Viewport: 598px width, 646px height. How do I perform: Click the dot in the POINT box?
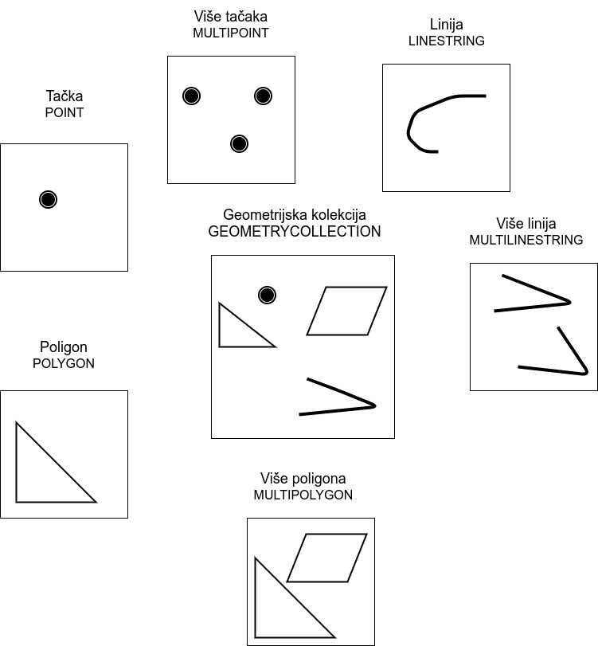point(48,199)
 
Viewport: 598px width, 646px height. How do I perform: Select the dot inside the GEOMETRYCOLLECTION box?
point(268,296)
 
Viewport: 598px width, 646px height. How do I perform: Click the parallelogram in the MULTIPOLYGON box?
point(326,558)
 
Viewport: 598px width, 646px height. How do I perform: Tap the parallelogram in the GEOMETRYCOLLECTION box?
point(347,311)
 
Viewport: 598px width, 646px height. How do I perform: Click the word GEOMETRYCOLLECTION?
point(295,232)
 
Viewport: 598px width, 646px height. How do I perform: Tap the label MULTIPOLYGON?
point(303,495)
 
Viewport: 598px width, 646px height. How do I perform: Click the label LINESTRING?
point(445,41)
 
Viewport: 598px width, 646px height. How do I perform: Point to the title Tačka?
point(64,96)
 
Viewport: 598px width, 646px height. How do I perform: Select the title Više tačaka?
point(231,17)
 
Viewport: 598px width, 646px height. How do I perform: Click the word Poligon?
point(64,347)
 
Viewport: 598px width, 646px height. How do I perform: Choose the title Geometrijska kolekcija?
point(295,215)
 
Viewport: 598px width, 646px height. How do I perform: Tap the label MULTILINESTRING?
point(526,240)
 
